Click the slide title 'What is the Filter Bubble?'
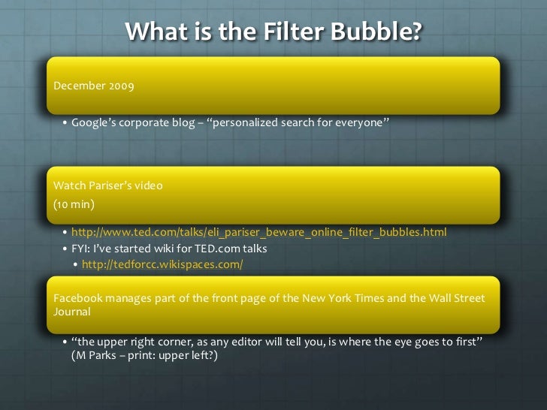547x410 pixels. pos(273,32)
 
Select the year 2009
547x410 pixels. pos(121,86)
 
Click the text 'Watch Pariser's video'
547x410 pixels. pos(107,185)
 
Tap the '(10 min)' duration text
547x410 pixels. pos(73,203)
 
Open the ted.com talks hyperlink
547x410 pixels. pos(258,232)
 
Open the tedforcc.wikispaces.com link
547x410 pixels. pos(162,265)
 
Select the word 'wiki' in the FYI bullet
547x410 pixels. pos(172,249)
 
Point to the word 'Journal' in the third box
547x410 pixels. pos(72,311)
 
